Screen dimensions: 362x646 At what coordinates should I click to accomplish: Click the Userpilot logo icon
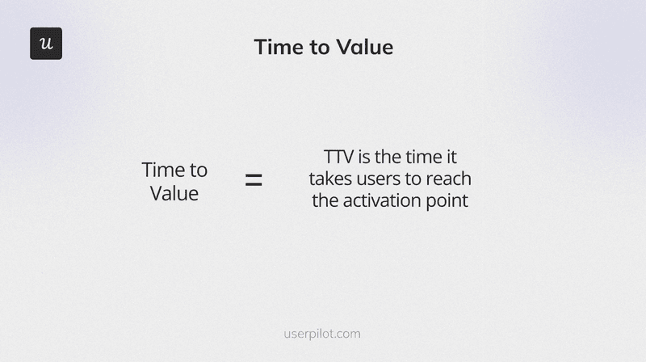tap(46, 44)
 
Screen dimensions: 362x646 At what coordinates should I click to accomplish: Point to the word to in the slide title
tap(317, 47)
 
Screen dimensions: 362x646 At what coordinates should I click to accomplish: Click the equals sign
tap(254, 181)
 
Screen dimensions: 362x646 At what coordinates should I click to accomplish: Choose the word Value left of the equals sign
tap(174, 194)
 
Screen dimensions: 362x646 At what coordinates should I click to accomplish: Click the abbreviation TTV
tap(339, 158)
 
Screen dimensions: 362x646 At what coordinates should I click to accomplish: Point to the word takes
tap(331, 179)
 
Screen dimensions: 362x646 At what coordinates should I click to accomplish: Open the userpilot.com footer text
tap(323, 333)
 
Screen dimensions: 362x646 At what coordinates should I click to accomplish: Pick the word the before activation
tap(325, 200)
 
